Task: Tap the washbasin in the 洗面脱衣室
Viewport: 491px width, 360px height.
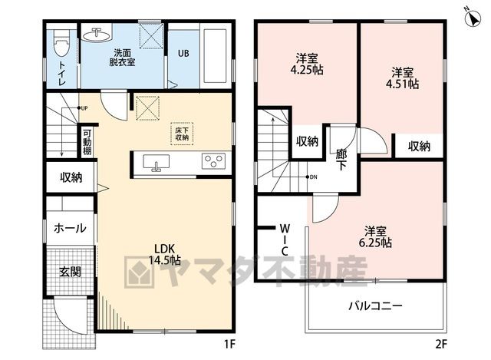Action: tap(97, 34)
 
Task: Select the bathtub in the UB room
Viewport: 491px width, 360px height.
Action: tap(215, 56)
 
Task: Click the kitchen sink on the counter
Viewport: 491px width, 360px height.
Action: tap(156, 163)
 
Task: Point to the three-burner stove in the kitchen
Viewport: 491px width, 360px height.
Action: tap(213, 161)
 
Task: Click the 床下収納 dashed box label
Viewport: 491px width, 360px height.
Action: tap(182, 134)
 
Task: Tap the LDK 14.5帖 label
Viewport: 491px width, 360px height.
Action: tap(164, 254)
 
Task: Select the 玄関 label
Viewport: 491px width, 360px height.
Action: tap(70, 271)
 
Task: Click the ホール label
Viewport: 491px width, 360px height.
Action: tap(70, 228)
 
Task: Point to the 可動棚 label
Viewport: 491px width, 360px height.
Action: tap(87, 142)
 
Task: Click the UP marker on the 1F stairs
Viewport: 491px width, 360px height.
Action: tap(82, 108)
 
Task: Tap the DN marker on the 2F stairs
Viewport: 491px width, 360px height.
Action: tap(311, 177)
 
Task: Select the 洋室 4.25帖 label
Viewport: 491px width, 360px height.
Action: tap(307, 64)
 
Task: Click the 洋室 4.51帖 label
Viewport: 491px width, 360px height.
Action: tap(402, 78)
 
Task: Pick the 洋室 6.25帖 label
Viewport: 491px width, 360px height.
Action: tap(375, 237)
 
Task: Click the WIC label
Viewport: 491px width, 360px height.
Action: tap(285, 239)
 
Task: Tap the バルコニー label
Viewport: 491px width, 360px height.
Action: tap(375, 306)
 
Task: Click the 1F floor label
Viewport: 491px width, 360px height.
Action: tap(229, 345)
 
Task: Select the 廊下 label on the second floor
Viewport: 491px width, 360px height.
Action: tap(341, 160)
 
